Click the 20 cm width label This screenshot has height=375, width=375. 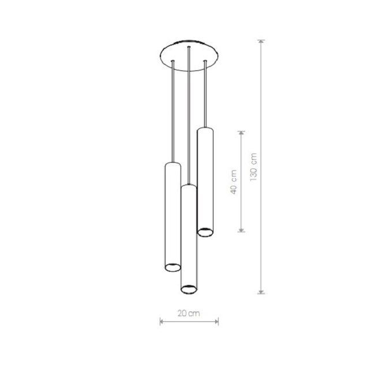click(189, 313)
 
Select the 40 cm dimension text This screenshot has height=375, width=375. click(234, 182)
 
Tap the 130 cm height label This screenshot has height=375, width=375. click(253, 167)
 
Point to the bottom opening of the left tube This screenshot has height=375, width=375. click(172, 268)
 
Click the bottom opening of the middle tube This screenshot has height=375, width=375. click(189, 290)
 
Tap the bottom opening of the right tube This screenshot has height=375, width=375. click(205, 232)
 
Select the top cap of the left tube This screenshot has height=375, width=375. click(172, 164)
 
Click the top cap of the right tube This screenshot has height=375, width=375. click(205, 129)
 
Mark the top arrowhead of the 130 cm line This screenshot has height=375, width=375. click(261, 42)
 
